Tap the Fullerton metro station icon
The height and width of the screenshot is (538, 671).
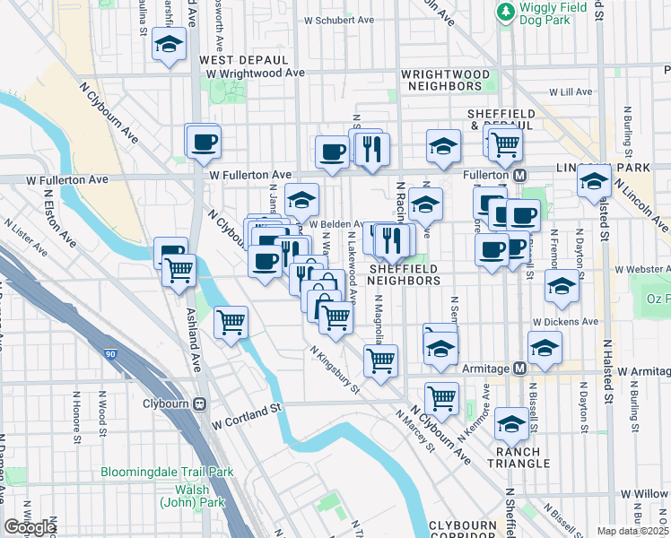point(518,174)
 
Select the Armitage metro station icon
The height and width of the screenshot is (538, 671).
point(518,369)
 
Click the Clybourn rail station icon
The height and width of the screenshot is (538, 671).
point(200,403)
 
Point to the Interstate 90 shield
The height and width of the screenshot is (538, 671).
point(109,355)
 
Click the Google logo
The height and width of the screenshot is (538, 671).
point(30,527)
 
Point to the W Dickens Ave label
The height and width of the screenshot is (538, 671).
point(565,320)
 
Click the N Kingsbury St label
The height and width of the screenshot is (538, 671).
point(335,369)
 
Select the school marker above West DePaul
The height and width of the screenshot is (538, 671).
point(168,44)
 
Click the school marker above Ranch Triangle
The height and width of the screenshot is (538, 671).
point(511,422)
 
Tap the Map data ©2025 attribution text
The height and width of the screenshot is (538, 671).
point(633,531)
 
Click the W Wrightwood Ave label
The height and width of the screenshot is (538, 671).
point(247,73)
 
